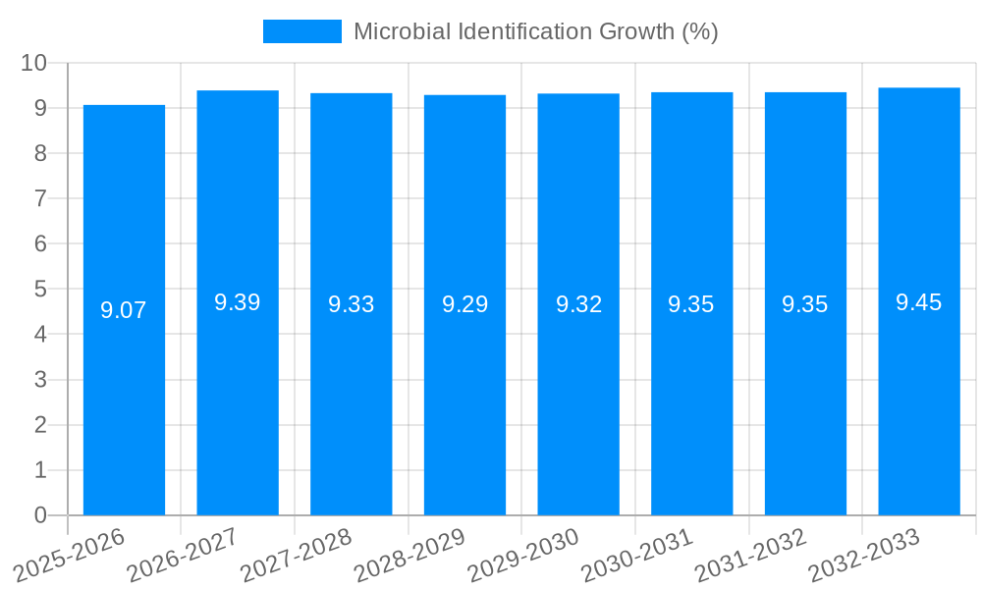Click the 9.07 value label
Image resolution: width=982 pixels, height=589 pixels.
[x=124, y=310]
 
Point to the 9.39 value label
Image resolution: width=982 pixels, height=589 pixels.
[x=238, y=302]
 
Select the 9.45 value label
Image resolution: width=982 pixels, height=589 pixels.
[x=919, y=302]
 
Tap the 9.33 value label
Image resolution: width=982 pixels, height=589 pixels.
[x=352, y=304]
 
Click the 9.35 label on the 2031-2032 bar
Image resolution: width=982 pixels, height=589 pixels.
[x=805, y=304]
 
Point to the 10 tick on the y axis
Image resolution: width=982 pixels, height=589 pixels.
[x=34, y=63]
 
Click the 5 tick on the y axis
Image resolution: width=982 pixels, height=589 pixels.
[x=40, y=290]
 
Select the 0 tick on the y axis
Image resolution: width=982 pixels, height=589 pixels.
[x=40, y=515]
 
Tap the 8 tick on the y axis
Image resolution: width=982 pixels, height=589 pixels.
[x=40, y=153]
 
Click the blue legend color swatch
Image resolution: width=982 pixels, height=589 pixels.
[x=302, y=31]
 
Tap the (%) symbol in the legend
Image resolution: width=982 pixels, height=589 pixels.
[x=700, y=31]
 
